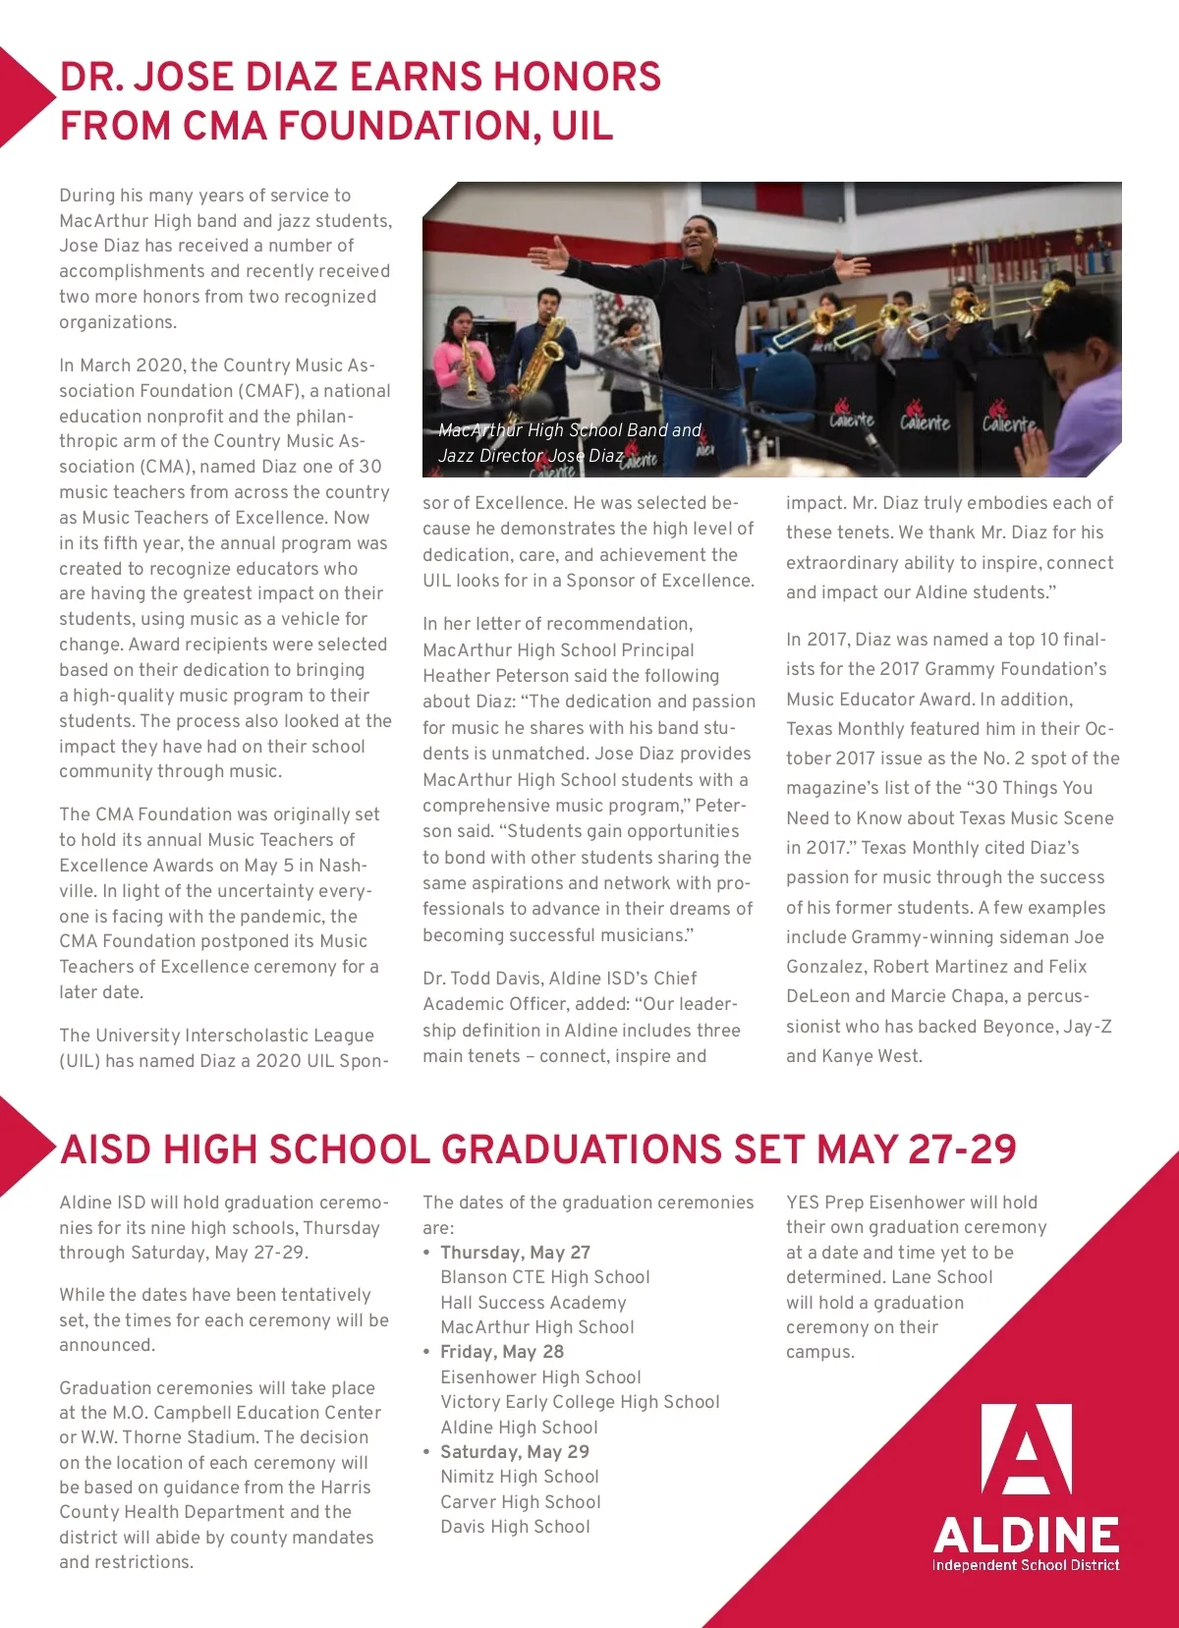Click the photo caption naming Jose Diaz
coord(569,443)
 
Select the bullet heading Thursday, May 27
coord(515,1252)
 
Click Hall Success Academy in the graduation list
coord(533,1302)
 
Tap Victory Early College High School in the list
coord(580,1402)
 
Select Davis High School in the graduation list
coord(515,1526)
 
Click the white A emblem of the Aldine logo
coord(1026,1449)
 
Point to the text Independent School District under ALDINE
coord(1025,1564)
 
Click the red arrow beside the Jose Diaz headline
coord(24,96)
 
